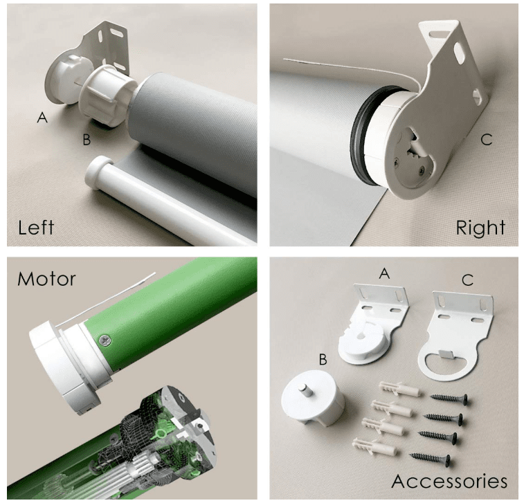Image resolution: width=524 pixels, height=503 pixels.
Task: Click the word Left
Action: coord(36,228)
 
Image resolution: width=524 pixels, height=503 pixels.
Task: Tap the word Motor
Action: coord(46,280)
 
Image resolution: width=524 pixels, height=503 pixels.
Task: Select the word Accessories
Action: coord(449,482)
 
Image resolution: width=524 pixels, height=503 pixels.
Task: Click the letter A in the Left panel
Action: coord(42,118)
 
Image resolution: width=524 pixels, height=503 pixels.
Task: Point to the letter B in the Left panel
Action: coord(87,140)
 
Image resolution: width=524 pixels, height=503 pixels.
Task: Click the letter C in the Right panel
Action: coord(487,140)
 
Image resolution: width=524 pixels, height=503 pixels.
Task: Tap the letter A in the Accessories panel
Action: coord(385,274)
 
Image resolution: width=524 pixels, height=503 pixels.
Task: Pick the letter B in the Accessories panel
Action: coord(323,359)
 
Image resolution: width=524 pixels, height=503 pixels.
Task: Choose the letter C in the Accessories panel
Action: coord(468,280)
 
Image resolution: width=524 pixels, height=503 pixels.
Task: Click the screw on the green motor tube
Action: coord(105,340)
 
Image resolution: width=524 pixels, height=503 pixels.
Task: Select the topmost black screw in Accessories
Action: coord(449,399)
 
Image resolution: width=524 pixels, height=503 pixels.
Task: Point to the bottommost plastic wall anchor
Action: coord(375,447)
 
